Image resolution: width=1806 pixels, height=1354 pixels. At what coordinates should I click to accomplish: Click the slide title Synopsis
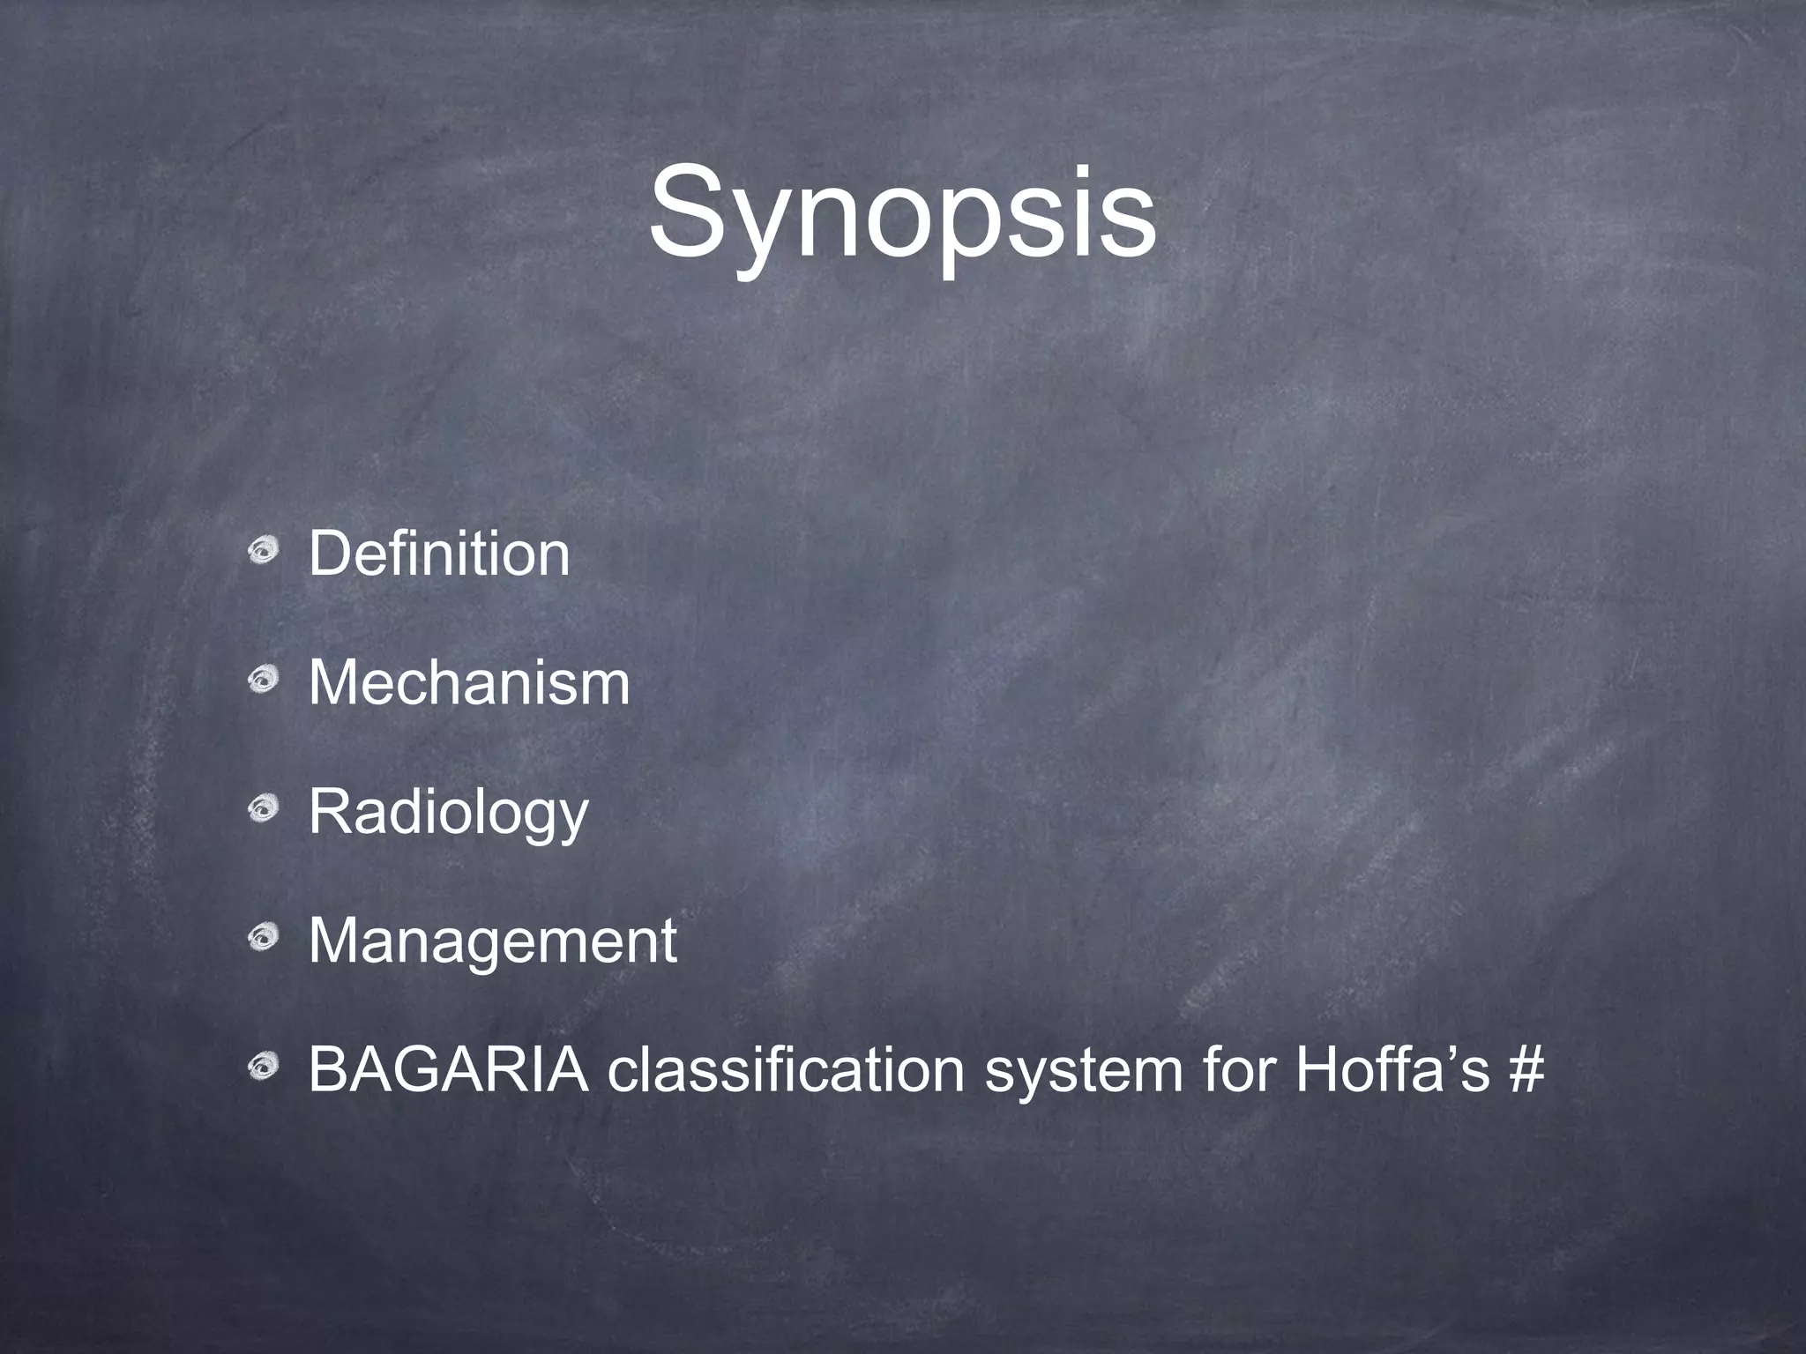[902, 217]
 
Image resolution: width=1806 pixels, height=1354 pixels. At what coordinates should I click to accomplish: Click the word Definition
[439, 554]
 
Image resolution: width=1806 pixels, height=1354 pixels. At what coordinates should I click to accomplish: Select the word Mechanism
[469, 683]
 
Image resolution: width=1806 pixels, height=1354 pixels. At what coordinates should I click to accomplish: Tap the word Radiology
[448, 814]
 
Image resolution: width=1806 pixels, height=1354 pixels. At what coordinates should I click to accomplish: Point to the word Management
[493, 941]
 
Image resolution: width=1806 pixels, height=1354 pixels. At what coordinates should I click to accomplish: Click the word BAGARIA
[449, 1070]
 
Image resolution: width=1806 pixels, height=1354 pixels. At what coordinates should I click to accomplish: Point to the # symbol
[1526, 1070]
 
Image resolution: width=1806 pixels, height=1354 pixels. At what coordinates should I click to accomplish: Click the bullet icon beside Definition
[263, 552]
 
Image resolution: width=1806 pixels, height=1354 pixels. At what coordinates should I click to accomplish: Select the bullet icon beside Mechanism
[263, 681]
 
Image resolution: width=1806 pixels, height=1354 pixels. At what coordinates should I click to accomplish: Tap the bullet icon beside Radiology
[263, 810]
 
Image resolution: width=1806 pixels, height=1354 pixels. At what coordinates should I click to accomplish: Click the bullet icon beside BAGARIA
[263, 1068]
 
